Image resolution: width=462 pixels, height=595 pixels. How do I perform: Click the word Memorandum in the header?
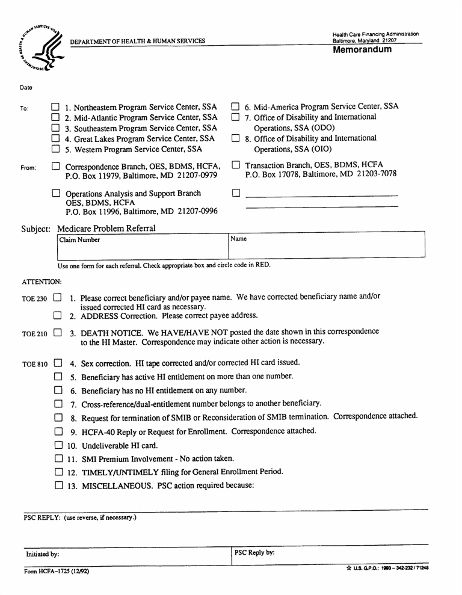[x=362, y=49]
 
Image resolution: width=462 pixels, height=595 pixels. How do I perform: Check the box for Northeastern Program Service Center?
[x=56, y=106]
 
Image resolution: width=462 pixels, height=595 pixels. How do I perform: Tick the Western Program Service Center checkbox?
[x=56, y=149]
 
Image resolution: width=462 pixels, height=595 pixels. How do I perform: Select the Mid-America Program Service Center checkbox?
[x=236, y=106]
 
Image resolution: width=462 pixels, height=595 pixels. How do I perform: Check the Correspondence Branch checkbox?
[x=56, y=166]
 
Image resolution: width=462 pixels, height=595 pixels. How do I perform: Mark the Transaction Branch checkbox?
[x=236, y=164]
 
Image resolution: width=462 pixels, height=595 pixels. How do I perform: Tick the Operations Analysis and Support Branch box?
[x=56, y=194]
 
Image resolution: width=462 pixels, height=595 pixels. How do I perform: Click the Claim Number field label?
[x=79, y=240]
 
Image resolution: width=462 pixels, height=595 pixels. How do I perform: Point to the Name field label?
[x=239, y=239]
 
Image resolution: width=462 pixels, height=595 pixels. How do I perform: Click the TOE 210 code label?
[x=35, y=333]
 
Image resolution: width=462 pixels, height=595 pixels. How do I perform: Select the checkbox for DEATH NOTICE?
[x=58, y=331]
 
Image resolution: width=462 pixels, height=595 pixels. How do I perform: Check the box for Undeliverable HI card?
[x=58, y=445]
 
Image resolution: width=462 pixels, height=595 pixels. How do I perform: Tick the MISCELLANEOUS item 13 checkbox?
[x=58, y=485]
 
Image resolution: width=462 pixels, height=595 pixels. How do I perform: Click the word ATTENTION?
[x=42, y=282]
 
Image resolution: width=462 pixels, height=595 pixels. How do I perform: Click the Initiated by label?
[x=42, y=554]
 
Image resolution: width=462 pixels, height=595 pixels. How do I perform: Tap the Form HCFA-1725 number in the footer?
[x=57, y=572]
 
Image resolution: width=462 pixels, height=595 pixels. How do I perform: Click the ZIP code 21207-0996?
[x=199, y=211]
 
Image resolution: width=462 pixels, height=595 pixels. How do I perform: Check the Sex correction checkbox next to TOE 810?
[x=58, y=363]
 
